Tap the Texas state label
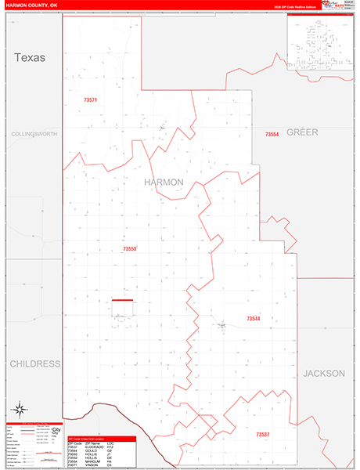pos(30,57)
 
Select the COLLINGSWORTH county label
pos(34,134)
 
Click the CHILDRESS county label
pos(34,364)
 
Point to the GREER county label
pos(302,132)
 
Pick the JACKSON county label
pos(324,374)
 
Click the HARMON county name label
pos(164,182)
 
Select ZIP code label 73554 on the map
pos(272,135)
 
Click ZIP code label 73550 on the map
pos(129,249)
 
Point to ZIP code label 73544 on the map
pos(253,319)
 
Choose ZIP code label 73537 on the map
pos(262,434)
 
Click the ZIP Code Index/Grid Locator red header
pos(102,438)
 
